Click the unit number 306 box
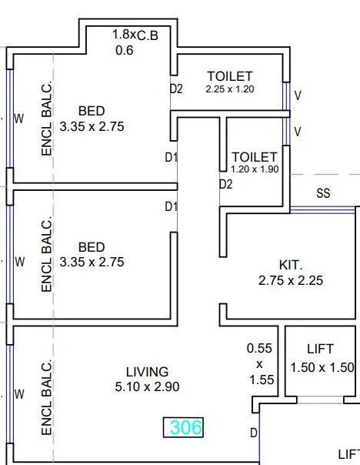point(184,427)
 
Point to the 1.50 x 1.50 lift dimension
point(322,368)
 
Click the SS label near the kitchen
point(323,194)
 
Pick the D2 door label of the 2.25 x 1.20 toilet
point(176,89)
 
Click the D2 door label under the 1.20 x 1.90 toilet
point(225,184)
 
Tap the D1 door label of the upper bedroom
point(171,158)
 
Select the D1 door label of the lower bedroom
point(171,206)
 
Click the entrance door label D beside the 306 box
point(253,433)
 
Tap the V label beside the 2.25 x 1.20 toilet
point(298,95)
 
